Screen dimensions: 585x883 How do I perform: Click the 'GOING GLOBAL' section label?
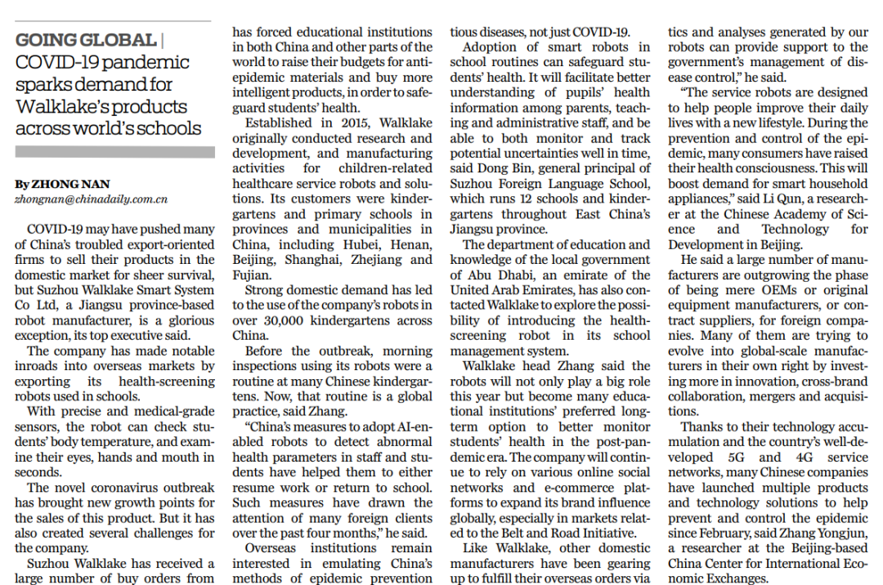(x=85, y=39)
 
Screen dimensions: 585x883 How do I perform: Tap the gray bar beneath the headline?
(x=114, y=152)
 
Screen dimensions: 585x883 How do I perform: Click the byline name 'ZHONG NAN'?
(x=63, y=185)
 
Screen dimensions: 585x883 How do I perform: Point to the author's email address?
(x=91, y=199)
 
